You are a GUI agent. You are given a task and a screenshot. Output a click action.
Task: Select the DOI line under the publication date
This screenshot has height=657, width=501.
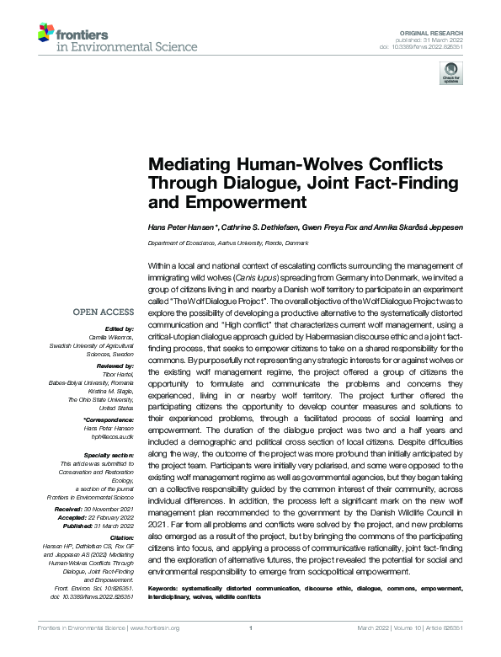429,47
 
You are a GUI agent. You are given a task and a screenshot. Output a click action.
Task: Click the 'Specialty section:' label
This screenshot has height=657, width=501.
109,454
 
